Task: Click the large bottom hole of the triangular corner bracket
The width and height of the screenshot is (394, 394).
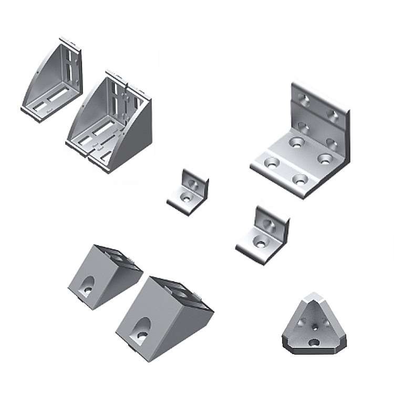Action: (x=314, y=342)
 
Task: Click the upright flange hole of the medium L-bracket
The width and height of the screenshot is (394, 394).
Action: (x=270, y=226)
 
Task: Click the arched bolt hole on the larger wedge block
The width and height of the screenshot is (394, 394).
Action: (x=141, y=328)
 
